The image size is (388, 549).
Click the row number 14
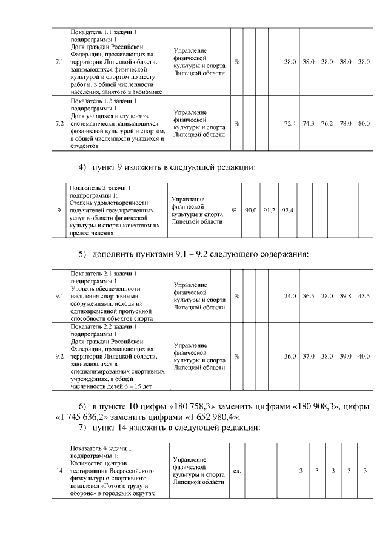point(59,471)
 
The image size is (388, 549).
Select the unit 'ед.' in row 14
point(238,471)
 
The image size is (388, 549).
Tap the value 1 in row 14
point(286,471)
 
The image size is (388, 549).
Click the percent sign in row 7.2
point(236,123)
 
